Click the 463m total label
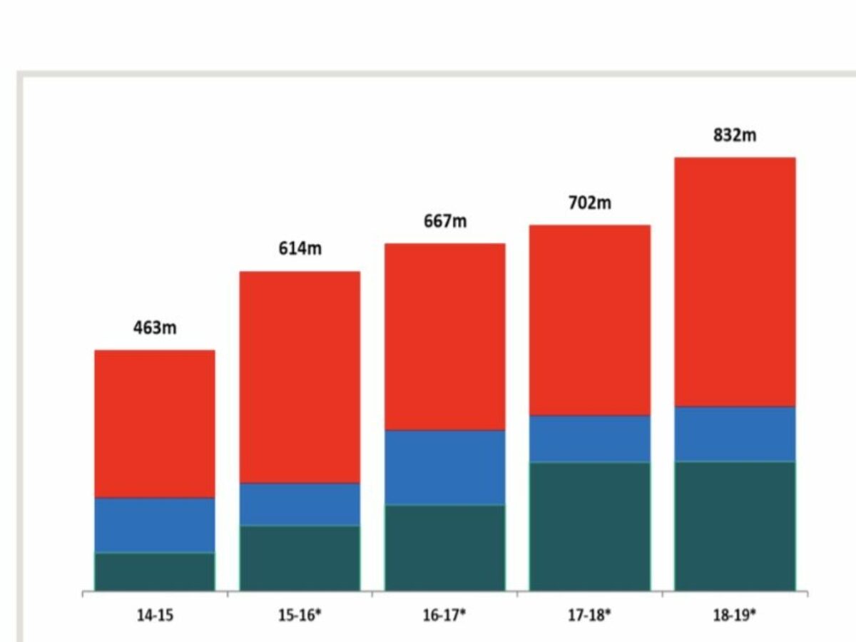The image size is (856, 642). [x=155, y=329]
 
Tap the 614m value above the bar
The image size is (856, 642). [x=300, y=249]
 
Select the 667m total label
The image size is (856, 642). [x=445, y=221]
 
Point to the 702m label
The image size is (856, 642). [x=590, y=203]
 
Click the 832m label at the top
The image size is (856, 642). [x=735, y=135]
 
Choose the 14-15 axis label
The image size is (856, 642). [x=155, y=615]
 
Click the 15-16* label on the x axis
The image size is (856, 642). [x=300, y=615]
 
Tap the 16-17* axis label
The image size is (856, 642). [x=444, y=615]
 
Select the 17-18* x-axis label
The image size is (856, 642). [x=590, y=615]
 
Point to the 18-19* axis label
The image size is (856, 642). [x=735, y=615]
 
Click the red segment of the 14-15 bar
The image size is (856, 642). [x=155, y=424]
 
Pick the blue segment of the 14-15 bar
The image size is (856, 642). [x=155, y=525]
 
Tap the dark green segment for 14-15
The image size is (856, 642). [x=155, y=571]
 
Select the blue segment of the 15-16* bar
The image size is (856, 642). [x=300, y=504]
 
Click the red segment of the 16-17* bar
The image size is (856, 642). [x=445, y=337]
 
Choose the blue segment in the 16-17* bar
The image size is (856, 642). [x=445, y=467]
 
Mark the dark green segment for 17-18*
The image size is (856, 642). [x=590, y=526]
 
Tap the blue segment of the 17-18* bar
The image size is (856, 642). [x=590, y=439]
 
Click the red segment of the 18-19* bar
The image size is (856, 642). [x=735, y=282]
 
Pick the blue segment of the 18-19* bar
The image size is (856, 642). [x=735, y=434]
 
